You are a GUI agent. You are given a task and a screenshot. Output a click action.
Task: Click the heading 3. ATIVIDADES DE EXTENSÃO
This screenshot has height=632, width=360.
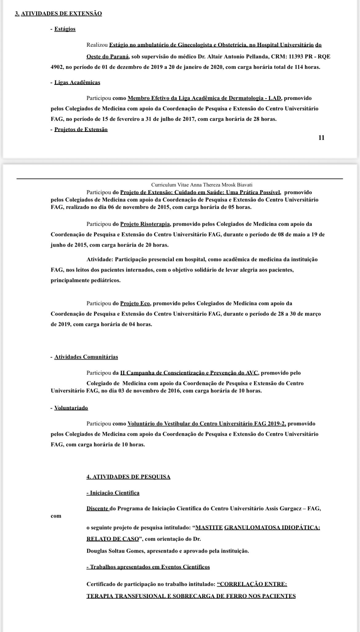(58, 14)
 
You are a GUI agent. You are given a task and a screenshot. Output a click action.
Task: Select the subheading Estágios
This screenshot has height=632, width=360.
(65, 29)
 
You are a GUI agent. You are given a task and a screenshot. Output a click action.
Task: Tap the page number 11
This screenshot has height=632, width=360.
(321, 137)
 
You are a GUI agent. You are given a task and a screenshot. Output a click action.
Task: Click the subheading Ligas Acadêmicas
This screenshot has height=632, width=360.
(77, 82)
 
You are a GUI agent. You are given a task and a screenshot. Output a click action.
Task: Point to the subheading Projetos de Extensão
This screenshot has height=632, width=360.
(81, 129)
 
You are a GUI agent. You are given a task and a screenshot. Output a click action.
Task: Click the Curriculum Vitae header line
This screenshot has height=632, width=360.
(202, 185)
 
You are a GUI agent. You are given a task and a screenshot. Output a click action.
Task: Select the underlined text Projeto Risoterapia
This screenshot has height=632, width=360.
(145, 224)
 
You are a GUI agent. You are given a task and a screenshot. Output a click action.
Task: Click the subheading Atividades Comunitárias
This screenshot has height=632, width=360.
(86, 357)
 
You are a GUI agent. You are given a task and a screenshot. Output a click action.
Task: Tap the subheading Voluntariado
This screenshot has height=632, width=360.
(71, 408)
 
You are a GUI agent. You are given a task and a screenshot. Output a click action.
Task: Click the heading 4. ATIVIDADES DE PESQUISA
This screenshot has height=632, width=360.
(128, 477)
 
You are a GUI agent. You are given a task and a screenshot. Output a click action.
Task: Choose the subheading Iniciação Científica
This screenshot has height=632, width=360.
(113, 493)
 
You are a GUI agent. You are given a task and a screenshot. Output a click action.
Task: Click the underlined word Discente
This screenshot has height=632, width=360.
(98, 509)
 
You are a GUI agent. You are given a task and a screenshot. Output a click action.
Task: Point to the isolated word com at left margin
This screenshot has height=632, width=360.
(56, 516)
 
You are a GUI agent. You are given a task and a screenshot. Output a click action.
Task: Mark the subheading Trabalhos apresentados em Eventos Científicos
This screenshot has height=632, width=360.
(148, 567)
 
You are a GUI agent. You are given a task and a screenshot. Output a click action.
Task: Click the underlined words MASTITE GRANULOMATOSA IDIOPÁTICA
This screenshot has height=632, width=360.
(258, 528)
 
